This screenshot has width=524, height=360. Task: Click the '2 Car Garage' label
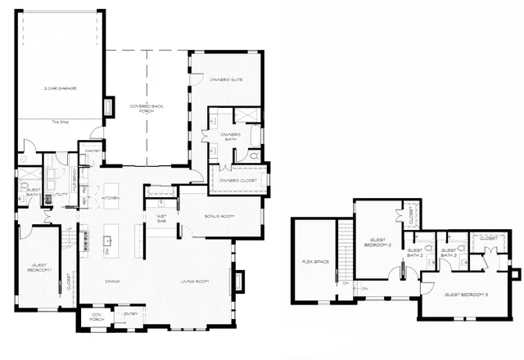pyautogui.click(x=60, y=88)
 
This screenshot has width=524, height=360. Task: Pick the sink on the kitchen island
pyautogui.click(x=107, y=243)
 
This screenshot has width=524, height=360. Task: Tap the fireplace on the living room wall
pyautogui.click(x=239, y=281)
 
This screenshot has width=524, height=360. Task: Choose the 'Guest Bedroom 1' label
pyautogui.click(x=41, y=268)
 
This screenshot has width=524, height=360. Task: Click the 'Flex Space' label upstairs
pyautogui.click(x=314, y=262)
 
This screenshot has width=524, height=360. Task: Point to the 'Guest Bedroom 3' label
pyautogui.click(x=466, y=294)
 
